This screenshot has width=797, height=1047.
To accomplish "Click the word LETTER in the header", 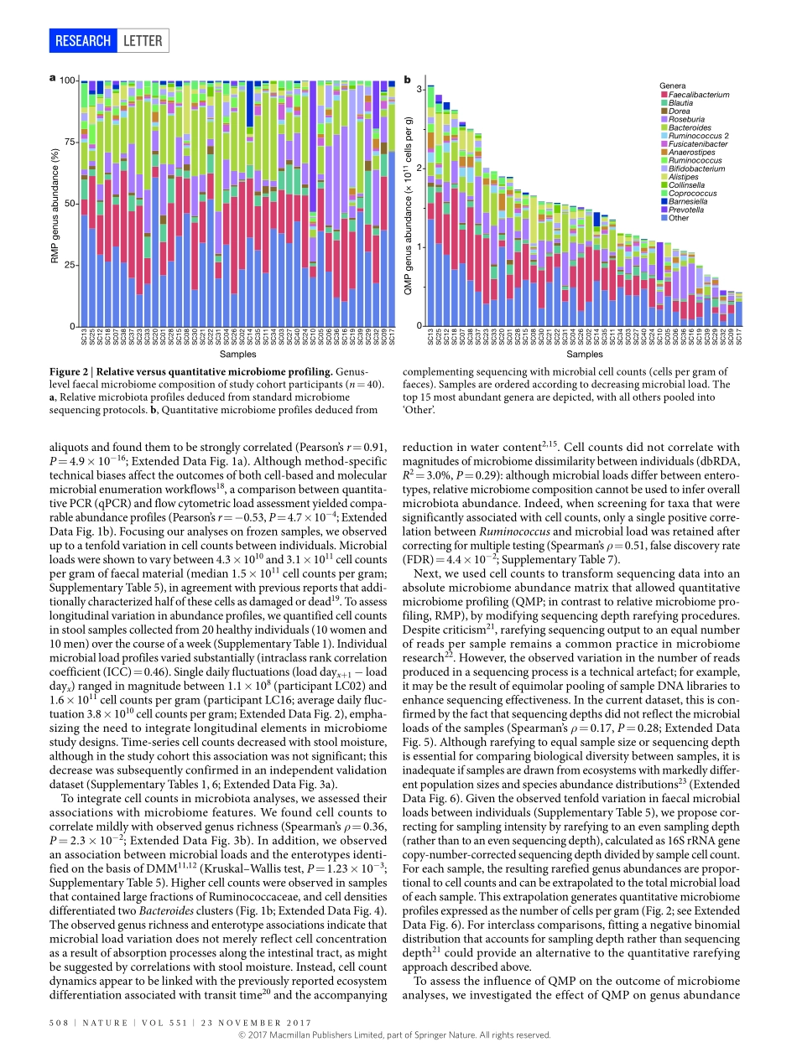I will tap(143, 40).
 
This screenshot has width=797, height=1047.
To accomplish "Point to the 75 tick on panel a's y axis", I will tap(69, 143).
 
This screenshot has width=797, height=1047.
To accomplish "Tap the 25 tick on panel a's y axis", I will tap(69, 266).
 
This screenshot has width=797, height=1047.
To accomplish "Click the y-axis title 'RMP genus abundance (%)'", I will tap(55, 204).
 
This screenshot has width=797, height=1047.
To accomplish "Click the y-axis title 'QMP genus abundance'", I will tap(409, 205).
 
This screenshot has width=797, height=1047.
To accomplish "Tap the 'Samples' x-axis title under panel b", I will tap(584, 355).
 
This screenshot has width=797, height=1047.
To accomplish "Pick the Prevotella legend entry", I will tap(685, 210).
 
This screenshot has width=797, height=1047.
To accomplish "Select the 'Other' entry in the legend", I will tap(678, 218).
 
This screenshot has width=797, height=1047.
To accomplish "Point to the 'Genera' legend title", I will tap(673, 86).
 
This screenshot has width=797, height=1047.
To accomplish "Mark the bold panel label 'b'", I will tap(408, 80).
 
